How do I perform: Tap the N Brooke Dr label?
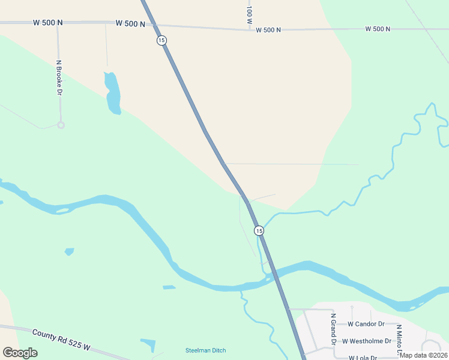[x=59, y=77]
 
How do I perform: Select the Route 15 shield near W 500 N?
[x=161, y=40]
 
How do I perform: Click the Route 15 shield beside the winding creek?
[x=258, y=230]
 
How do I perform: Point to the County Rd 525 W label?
[x=61, y=340]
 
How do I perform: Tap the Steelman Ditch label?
[x=205, y=350]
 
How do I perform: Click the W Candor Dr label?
[x=366, y=324]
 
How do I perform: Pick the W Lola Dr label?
[x=362, y=357]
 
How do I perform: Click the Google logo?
[x=20, y=353]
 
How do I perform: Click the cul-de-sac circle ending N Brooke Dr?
[x=61, y=125]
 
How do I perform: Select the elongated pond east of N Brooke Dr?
[x=112, y=93]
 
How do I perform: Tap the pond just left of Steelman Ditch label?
[x=148, y=346]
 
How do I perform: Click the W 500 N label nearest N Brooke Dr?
[x=47, y=23]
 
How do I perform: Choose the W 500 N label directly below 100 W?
[x=268, y=29]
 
